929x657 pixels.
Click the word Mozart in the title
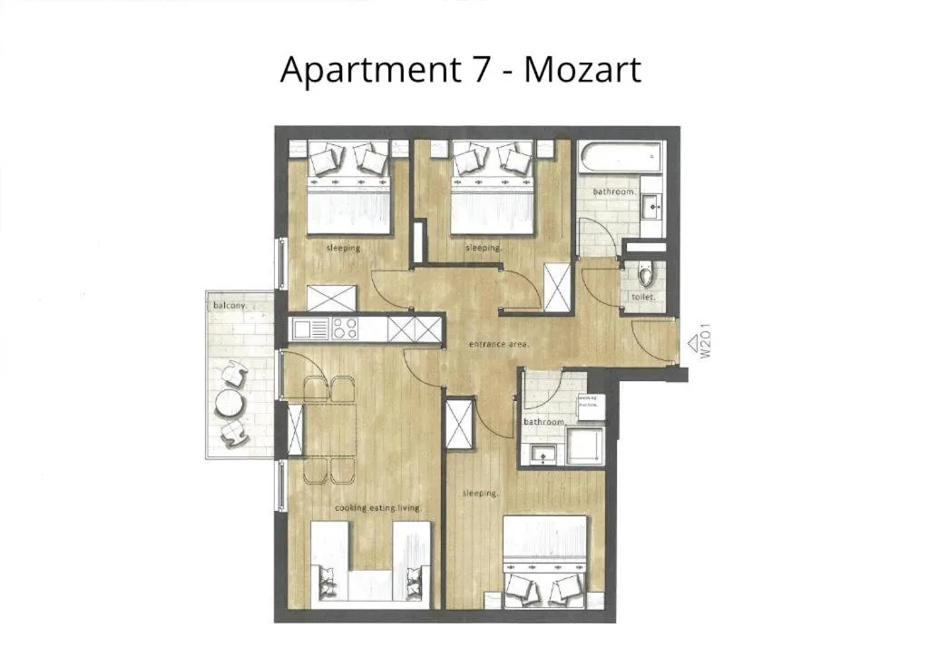pos(582,69)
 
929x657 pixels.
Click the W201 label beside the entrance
pos(706,346)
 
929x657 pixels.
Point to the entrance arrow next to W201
pos(692,343)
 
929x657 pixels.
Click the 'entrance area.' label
pos(499,344)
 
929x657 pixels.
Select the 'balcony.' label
pos(229,306)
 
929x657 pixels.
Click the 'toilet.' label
pos(643,297)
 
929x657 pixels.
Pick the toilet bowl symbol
pos(645,275)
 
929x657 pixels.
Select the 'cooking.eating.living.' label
pos(378,508)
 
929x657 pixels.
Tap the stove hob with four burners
pos(345,328)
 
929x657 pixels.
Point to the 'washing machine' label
pos(589,401)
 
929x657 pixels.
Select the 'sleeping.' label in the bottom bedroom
pos(481,494)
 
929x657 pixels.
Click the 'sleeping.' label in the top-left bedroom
pos(344,248)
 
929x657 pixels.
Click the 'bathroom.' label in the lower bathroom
pos(544,422)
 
